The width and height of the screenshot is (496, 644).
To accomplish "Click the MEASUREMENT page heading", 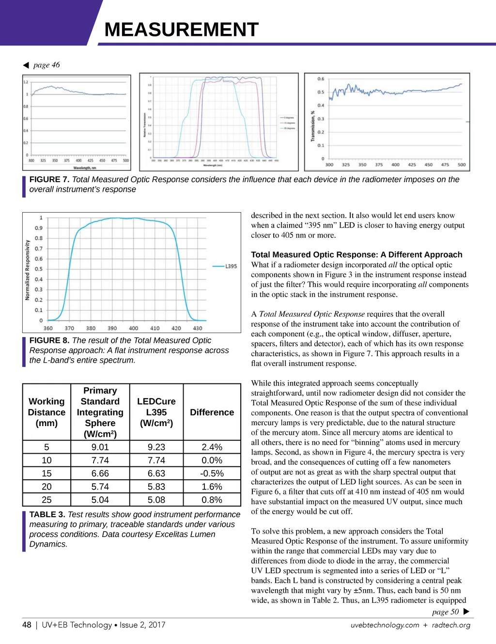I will pyautogui.click(x=182, y=30).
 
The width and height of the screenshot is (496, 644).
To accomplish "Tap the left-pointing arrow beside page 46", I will pyautogui.click(x=26, y=65).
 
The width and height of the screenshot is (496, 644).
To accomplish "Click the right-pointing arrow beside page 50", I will pyautogui.click(x=466, y=612).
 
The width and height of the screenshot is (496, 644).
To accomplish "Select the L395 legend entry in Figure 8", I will pyautogui.click(x=231, y=266).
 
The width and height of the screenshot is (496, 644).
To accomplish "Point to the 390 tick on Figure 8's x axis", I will pyautogui.click(x=112, y=328).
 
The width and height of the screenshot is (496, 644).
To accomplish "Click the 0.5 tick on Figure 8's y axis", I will pyautogui.click(x=39, y=269).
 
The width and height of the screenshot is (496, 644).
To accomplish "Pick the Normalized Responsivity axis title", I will pyautogui.click(x=28, y=270).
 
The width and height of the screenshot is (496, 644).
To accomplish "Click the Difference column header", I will pyautogui.click(x=212, y=412).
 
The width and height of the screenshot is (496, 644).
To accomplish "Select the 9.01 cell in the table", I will pyautogui.click(x=100, y=447).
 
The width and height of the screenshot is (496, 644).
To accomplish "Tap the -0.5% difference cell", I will pyautogui.click(x=212, y=473).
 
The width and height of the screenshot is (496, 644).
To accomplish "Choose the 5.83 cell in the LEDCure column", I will pyautogui.click(x=156, y=487).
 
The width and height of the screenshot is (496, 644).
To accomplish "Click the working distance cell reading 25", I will pyautogui.click(x=46, y=500).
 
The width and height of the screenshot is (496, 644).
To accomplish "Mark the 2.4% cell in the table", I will pyautogui.click(x=212, y=447).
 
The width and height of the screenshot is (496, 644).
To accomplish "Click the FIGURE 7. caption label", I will pyautogui.click(x=49, y=180).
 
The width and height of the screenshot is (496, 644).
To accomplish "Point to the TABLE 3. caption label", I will pyautogui.click(x=47, y=514).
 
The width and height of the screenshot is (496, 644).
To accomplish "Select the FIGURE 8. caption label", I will pyautogui.click(x=49, y=340).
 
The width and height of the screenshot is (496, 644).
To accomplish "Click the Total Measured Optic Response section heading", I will pyautogui.click(x=356, y=255).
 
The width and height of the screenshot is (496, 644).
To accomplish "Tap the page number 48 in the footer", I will pyautogui.click(x=27, y=625).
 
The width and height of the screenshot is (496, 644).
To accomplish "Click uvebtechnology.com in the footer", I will pyautogui.click(x=385, y=625).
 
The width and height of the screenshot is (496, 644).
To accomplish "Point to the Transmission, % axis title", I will pyautogui.click(x=313, y=126).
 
